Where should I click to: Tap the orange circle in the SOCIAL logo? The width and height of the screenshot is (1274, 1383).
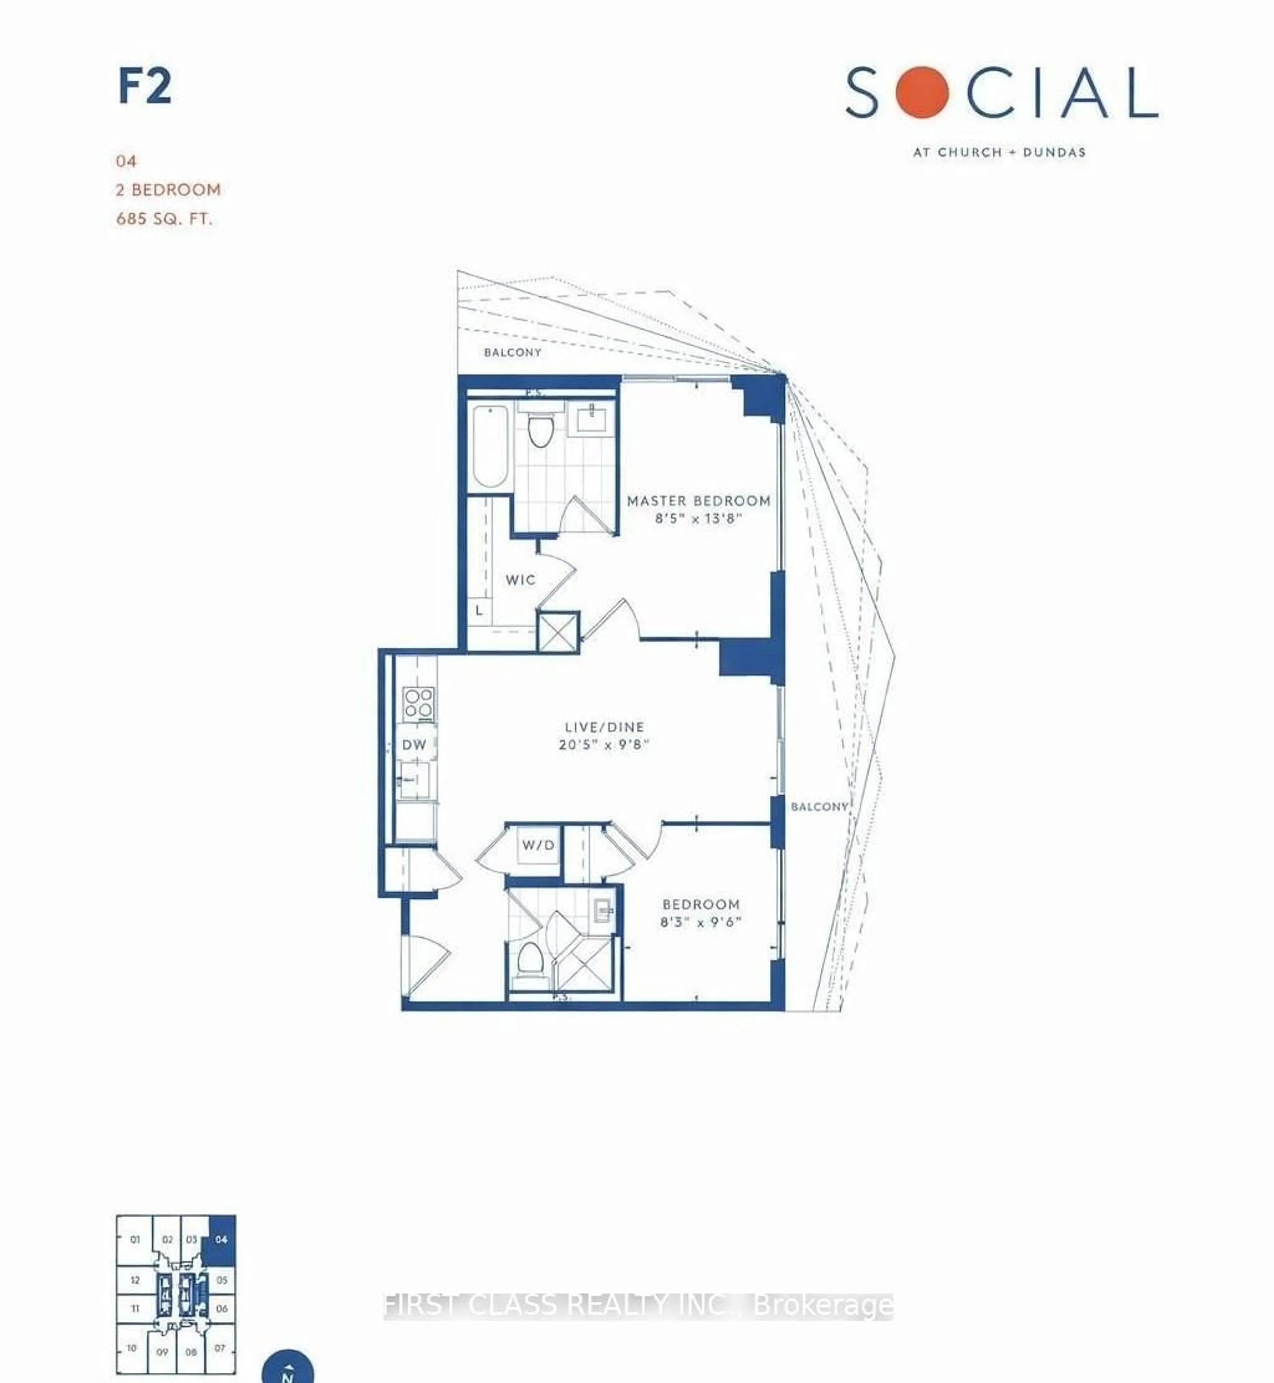point(922,92)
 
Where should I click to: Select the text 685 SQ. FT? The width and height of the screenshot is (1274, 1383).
point(164,219)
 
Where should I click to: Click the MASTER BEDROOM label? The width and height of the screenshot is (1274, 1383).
point(698,501)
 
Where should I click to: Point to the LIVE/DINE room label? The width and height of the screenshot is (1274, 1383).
point(604,726)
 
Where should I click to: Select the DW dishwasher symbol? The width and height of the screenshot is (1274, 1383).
point(414,744)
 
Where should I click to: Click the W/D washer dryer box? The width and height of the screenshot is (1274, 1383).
point(538,845)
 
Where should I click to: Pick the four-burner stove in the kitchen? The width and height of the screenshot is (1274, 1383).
point(418,703)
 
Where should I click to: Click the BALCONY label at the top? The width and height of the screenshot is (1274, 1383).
point(512,352)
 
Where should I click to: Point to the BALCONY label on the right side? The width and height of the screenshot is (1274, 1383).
point(819,806)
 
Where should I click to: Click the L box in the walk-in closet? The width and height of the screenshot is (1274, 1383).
point(478,610)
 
